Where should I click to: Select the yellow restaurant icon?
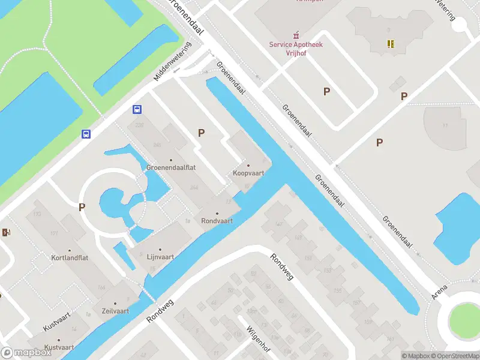pyautogui.click(x=391, y=43)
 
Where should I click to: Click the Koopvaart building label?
pyautogui.click(x=248, y=173)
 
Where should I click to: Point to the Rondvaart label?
pyautogui.click(x=217, y=220)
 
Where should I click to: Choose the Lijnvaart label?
pyautogui.click(x=160, y=256)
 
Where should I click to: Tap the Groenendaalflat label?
pyautogui.click(x=170, y=168)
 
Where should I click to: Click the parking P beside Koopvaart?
pyautogui.click(x=202, y=133)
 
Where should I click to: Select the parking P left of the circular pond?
pyautogui.click(x=82, y=207)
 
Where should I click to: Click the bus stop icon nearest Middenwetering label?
pyautogui.click(x=137, y=109)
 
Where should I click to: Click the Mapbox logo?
pyautogui.click(x=26, y=353)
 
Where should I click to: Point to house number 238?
pyautogui.click(x=140, y=125)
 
